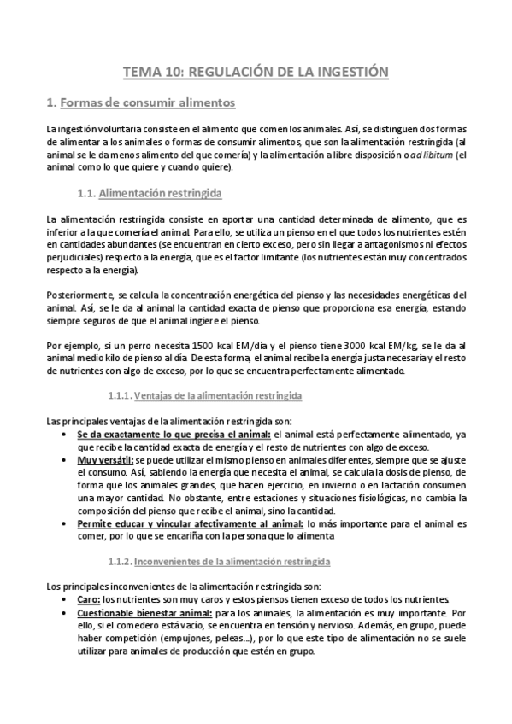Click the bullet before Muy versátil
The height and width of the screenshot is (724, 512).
pyautogui.click(x=68, y=460)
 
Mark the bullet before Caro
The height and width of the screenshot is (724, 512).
pyautogui.click(x=68, y=600)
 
